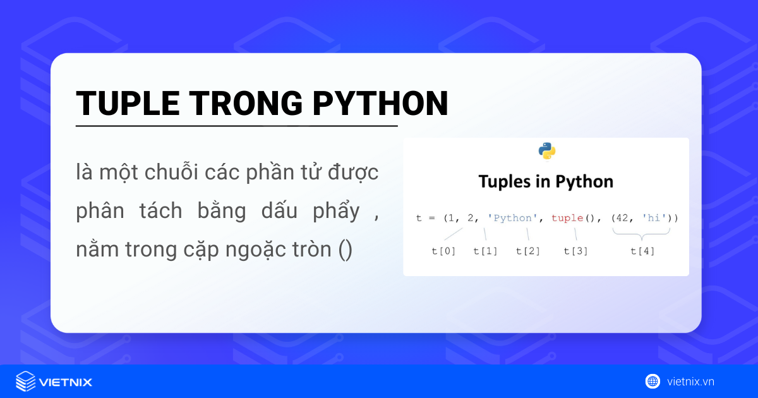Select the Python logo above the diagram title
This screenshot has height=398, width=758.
pos(546,151)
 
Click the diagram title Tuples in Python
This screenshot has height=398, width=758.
pos(546,182)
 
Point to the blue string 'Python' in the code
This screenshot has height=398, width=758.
pos(512,218)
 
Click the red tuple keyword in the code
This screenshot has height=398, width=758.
pos(567,218)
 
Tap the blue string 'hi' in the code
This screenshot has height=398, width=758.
pos(654,218)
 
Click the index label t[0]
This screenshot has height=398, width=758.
pos(443,251)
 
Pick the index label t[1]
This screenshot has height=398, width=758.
pos(486,251)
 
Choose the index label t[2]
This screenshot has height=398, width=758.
pos(528,251)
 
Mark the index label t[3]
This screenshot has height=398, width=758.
pos(575,251)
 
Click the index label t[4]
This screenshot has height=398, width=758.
pos(642,251)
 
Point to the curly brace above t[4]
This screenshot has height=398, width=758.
pos(642,234)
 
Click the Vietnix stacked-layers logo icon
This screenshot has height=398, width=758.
pos(25,382)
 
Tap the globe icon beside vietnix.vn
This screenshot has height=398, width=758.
pos(653,382)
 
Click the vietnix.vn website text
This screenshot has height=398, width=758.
pos(690,382)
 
